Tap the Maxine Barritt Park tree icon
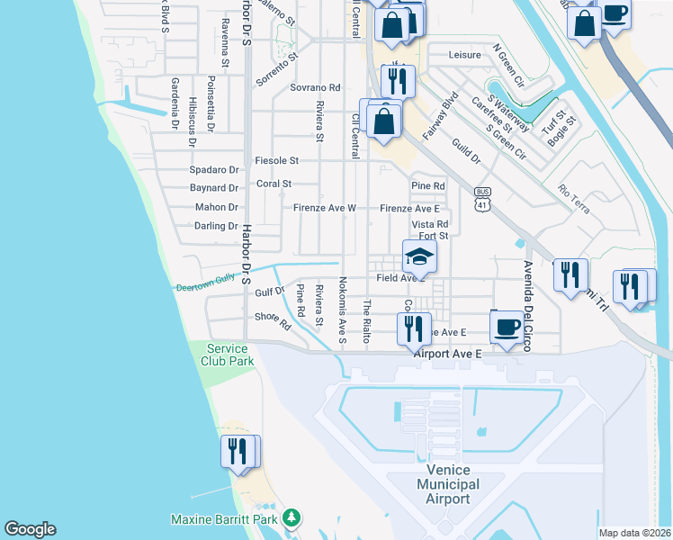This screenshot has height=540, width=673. (291, 518)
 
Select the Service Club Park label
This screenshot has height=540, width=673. (229, 355)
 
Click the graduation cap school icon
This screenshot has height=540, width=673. (419, 257)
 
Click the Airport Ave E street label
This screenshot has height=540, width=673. (447, 355)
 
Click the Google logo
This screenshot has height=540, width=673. (30, 529)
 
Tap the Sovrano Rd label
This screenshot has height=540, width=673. (315, 87)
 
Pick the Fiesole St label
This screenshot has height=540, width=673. (276, 160)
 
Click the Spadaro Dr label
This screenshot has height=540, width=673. (214, 169)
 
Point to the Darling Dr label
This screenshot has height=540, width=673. (216, 226)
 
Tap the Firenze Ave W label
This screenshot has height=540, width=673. (325, 208)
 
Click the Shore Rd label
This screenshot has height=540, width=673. (273, 319)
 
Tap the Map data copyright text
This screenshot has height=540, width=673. (634, 533)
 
